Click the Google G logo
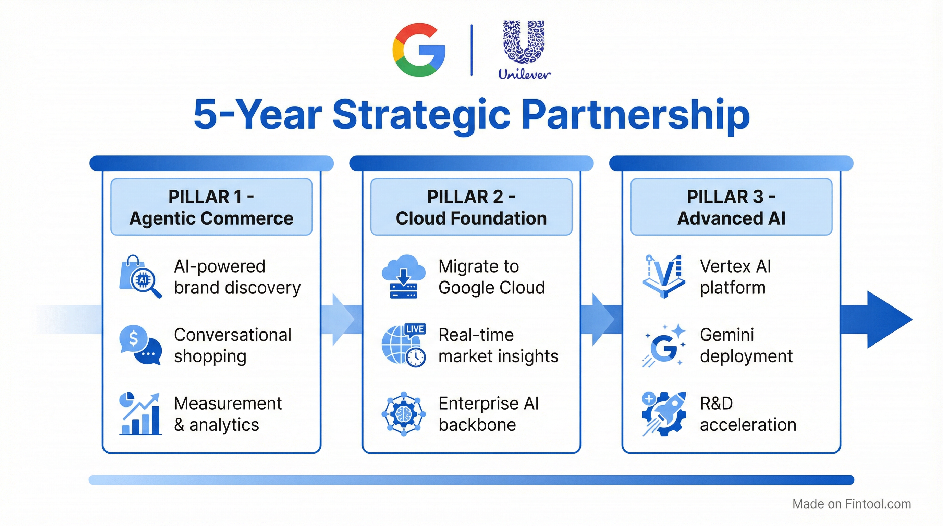click(418, 50)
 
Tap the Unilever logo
click(524, 50)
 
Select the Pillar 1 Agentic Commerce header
click(211, 207)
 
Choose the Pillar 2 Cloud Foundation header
click(471, 207)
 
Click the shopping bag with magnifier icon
click(140, 277)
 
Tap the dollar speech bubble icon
click(140, 345)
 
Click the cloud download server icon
click(403, 277)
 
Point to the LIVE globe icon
click(403, 345)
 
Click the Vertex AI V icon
click(664, 277)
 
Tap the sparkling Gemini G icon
click(664, 345)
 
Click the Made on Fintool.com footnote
click(852, 504)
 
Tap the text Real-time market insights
click(498, 345)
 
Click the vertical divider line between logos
click(472, 50)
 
